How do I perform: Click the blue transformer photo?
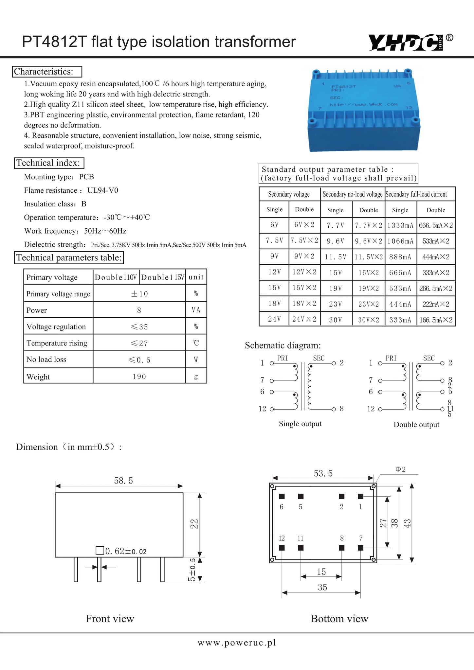364,111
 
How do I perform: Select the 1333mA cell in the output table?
400,225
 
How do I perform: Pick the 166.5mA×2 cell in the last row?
436,320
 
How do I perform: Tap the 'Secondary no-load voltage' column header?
353,194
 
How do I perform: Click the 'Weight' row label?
38,377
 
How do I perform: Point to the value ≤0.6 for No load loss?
139,360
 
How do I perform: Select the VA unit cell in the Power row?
196,310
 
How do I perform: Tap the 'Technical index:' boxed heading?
49,163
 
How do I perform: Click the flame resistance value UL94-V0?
102,190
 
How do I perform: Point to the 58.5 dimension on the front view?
123,481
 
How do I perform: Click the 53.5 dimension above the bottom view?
323,473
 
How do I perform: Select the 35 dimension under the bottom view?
322,587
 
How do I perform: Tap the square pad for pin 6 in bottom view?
282,496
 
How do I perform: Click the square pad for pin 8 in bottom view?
342,548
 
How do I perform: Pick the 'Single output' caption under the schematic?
300,424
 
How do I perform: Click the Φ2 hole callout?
400,469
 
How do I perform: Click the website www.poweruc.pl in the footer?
237,643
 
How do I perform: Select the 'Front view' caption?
110,619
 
